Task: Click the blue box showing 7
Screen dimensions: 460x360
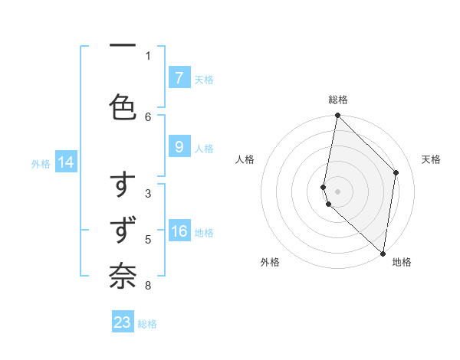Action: click(179, 77)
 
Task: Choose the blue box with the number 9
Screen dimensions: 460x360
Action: click(179, 148)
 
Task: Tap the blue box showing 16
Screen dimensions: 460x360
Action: click(179, 232)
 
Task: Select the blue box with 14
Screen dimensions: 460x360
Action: click(65, 162)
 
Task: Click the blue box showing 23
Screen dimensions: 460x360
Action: click(123, 322)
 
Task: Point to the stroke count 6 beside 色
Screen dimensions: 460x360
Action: click(148, 116)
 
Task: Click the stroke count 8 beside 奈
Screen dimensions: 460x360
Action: click(148, 286)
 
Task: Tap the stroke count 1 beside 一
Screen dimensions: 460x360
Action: click(148, 55)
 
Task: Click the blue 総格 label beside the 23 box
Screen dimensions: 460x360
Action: click(147, 324)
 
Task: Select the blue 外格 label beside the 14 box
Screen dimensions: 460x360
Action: click(41, 163)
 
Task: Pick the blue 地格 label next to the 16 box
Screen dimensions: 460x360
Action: click(204, 233)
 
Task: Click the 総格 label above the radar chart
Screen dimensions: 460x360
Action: click(337, 100)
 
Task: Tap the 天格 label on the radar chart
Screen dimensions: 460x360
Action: click(431, 159)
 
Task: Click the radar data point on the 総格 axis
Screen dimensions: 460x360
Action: click(337, 116)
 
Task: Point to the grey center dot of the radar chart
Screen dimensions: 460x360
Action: click(337, 191)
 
